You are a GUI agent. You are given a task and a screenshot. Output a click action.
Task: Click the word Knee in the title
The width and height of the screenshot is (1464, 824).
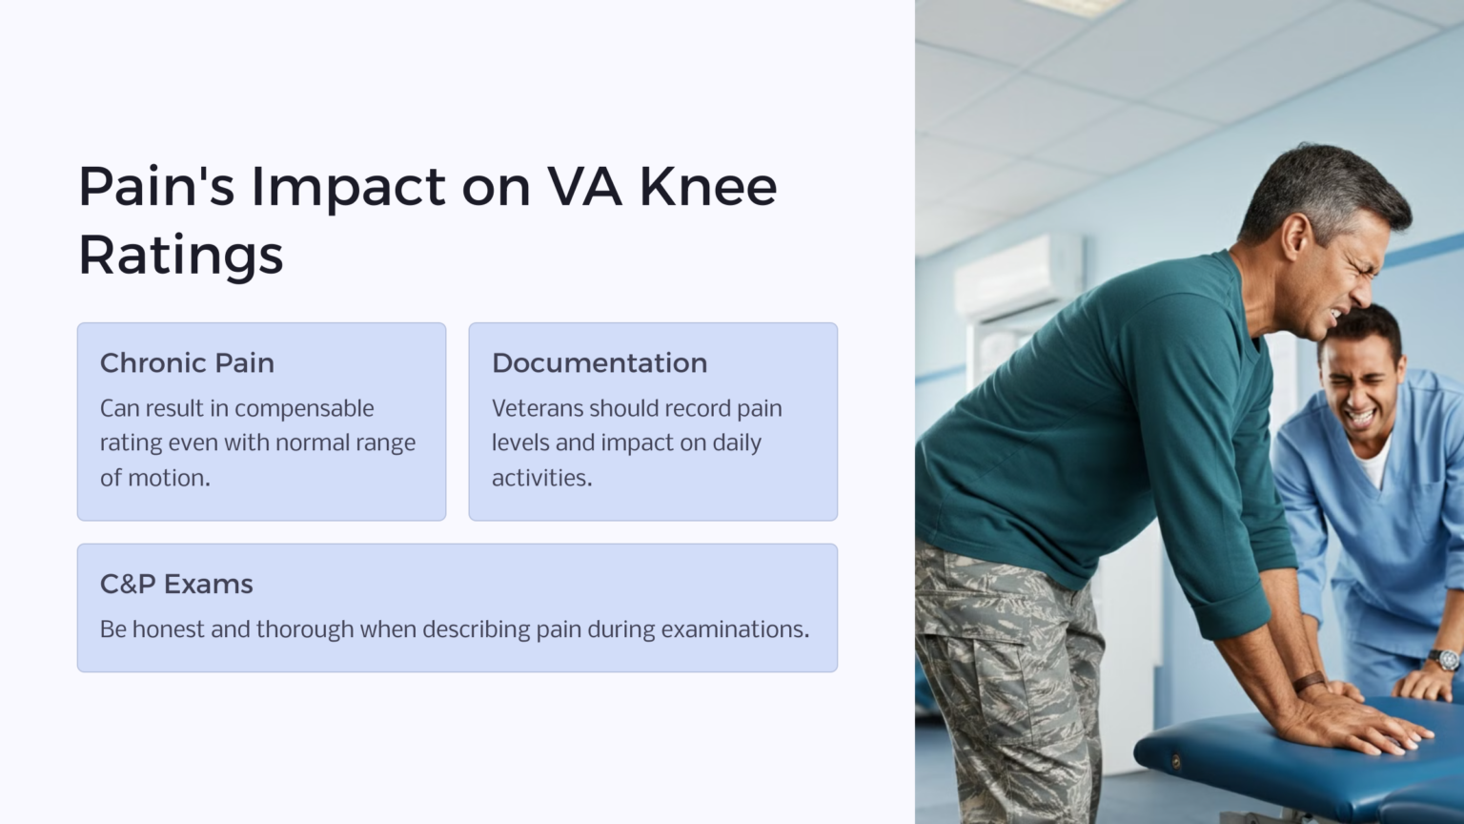[x=707, y=186]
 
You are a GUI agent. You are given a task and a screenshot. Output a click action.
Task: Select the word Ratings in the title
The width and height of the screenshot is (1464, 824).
[x=180, y=255]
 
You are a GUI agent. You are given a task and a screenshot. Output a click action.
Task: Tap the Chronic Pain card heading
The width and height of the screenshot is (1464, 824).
[x=187, y=363]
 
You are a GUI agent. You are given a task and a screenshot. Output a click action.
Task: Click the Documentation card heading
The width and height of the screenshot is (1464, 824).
[x=599, y=363]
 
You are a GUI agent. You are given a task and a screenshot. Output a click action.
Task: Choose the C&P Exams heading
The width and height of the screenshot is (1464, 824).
[x=176, y=584]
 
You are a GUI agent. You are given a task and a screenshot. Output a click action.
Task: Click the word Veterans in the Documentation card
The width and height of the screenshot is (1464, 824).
[x=537, y=408]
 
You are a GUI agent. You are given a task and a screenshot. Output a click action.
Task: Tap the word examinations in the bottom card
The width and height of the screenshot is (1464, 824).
[x=734, y=629]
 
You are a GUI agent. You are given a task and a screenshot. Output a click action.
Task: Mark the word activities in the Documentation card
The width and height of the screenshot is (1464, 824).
[x=540, y=478]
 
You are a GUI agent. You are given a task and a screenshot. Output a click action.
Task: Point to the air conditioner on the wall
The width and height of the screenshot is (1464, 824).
[x=1017, y=276]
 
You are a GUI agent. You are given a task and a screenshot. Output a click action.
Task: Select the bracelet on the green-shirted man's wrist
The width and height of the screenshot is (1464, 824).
[x=1310, y=683]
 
